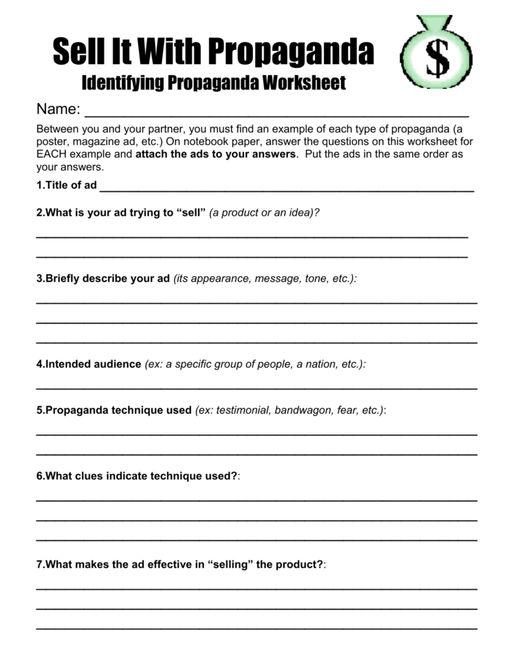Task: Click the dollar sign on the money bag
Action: click(437, 58)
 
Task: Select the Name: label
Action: click(58, 109)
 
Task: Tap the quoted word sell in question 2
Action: click(191, 213)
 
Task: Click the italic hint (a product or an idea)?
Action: click(265, 213)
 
